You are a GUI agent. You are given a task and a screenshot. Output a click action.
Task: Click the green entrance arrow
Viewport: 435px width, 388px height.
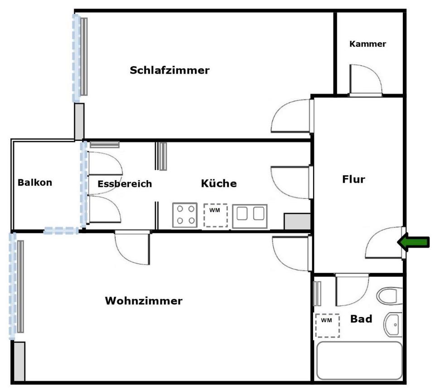(x=414, y=242)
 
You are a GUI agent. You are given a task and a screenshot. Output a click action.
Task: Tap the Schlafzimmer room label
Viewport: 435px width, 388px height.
(x=169, y=70)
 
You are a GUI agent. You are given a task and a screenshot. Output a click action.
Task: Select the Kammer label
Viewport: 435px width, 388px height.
(x=367, y=44)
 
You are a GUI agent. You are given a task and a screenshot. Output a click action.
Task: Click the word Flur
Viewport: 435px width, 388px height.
(x=353, y=179)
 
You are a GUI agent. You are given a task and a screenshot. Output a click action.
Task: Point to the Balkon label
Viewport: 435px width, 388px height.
(x=35, y=182)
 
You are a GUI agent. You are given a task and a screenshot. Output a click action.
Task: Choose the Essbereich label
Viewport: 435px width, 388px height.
(x=125, y=184)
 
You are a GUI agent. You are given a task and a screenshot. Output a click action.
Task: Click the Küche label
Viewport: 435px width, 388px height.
(x=218, y=183)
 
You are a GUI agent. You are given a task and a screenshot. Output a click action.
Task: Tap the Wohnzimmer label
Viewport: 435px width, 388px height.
(x=144, y=301)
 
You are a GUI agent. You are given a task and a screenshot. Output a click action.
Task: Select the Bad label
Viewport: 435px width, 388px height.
(x=361, y=319)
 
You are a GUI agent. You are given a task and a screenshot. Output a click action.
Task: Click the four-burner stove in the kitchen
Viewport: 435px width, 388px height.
(x=185, y=215)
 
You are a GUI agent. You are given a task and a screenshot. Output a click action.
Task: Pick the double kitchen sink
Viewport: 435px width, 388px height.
(x=250, y=216)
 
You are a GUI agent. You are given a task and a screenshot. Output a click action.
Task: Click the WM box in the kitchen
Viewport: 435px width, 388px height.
(x=216, y=216)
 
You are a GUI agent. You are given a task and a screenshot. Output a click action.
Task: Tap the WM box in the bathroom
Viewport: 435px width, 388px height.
(x=327, y=326)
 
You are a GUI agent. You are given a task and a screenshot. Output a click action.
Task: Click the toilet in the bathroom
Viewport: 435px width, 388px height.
(x=390, y=296)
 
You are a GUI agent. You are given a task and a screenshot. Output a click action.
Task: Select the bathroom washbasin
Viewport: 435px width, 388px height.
(x=393, y=324)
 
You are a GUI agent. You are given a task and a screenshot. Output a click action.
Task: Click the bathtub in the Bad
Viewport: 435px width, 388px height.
(x=359, y=360)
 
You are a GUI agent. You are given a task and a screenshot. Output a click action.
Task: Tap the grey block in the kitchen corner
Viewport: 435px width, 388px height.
(x=297, y=221)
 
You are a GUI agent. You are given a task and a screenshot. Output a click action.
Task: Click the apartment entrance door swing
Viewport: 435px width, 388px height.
(x=385, y=243)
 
